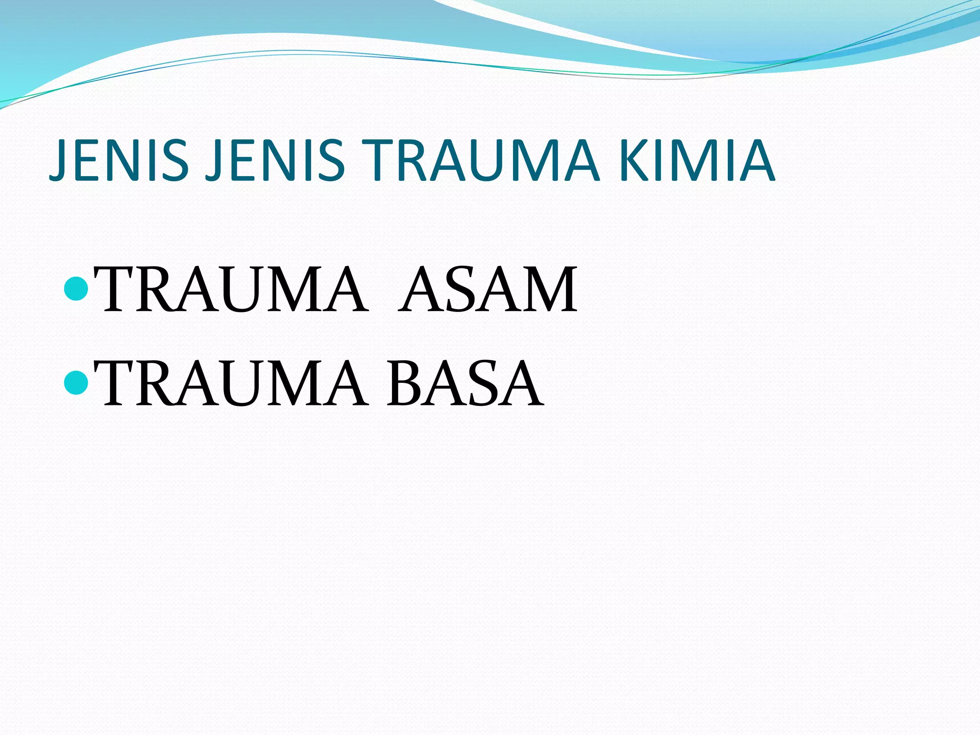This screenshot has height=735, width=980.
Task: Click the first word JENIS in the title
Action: [x=120, y=160]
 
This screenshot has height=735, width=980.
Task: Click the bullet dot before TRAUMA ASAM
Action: [x=75, y=290]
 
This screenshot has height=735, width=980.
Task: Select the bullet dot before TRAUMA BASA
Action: [x=75, y=383]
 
